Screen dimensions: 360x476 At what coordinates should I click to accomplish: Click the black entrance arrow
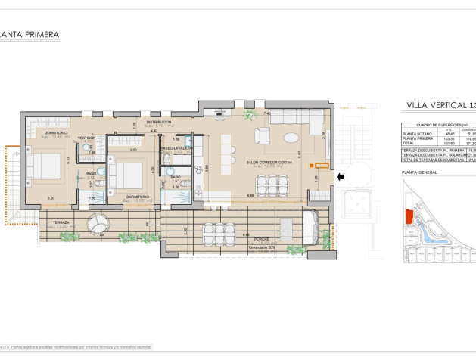[x=340, y=177]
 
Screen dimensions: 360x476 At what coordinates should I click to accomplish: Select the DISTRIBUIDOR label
[x=159, y=121]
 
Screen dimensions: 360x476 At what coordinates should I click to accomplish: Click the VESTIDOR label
[x=86, y=138]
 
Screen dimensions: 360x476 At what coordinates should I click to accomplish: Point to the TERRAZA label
[x=61, y=222]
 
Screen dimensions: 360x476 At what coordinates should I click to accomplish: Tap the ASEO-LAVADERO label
[x=176, y=148]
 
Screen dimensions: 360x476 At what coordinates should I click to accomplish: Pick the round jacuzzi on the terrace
[x=98, y=225]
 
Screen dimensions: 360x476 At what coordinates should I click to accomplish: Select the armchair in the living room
[x=263, y=135]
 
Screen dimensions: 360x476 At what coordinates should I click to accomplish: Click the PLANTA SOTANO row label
[x=417, y=135]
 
